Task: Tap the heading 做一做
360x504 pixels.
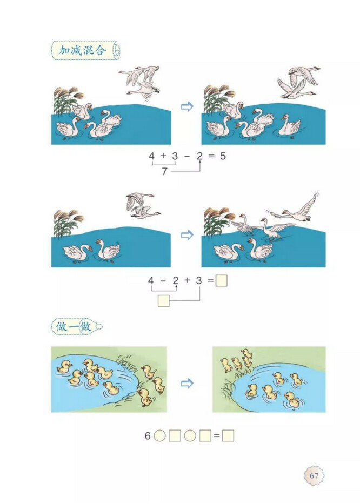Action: coord(73,326)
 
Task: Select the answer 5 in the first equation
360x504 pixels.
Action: coord(222,157)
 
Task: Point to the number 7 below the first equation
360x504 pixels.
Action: coord(164,172)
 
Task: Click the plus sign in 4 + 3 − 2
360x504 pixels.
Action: coord(163,157)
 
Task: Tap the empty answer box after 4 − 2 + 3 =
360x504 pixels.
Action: coord(221,281)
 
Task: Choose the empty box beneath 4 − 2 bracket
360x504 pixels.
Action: coord(164,300)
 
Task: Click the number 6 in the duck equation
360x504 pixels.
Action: coord(147,436)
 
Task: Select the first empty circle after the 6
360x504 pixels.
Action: coord(160,436)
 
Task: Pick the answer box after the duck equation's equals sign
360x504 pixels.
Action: coord(228,436)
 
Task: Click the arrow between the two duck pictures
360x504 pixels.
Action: coord(187,383)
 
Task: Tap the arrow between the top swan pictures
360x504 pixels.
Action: coord(187,107)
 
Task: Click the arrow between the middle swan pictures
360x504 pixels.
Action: coord(187,236)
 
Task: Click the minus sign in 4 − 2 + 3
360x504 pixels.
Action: coord(163,281)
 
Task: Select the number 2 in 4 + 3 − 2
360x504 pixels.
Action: coord(199,157)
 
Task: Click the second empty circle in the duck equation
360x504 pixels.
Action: coord(190,436)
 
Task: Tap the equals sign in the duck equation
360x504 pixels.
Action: coord(216,436)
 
